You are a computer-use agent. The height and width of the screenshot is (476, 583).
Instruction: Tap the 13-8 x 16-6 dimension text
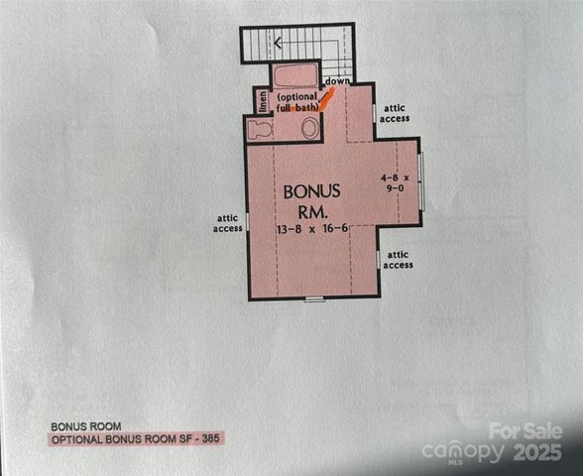tap(311, 229)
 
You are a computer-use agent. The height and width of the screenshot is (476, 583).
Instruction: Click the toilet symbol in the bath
tap(260, 129)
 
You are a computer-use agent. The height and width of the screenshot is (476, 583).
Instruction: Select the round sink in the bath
tap(310, 128)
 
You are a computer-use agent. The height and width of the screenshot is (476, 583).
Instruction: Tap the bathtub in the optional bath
tap(294, 76)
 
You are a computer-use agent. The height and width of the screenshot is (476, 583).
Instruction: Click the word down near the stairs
tap(337, 80)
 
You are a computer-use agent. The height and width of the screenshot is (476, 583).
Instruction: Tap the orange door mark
tap(326, 99)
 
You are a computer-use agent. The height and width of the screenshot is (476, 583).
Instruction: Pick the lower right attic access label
tap(398, 260)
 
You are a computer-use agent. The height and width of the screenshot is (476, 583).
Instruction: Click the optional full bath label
tap(298, 101)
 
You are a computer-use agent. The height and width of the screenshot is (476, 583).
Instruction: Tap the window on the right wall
tap(420, 180)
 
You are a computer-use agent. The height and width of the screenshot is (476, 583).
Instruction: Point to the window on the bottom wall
tap(314, 298)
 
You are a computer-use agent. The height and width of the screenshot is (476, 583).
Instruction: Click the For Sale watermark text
tap(525, 431)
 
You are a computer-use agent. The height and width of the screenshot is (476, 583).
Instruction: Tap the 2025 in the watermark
tap(536, 452)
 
